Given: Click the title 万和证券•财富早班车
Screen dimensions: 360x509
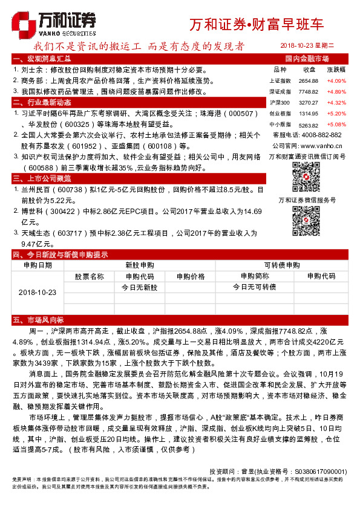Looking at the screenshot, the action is (257, 25).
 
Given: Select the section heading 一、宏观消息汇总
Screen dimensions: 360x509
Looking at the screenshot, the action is (45, 59).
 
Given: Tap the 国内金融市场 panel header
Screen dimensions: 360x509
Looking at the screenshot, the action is (307, 59).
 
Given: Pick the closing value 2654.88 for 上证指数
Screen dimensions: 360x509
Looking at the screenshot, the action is (308, 81).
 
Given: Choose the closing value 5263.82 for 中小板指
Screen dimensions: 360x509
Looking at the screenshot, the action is (308, 125).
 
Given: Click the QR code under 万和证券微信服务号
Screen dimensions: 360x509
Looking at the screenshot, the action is (306, 219).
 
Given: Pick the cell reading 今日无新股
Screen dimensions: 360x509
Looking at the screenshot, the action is (139, 287).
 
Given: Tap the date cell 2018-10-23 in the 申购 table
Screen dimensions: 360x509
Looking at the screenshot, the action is (38, 292).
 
